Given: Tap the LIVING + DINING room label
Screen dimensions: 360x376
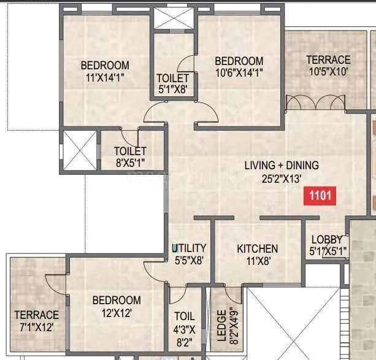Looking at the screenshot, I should [282, 166].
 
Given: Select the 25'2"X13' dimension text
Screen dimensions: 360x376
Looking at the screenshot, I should [282, 178].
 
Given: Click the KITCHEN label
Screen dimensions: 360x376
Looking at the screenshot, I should [258, 248].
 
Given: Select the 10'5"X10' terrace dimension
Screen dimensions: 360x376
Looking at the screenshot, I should [328, 71].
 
